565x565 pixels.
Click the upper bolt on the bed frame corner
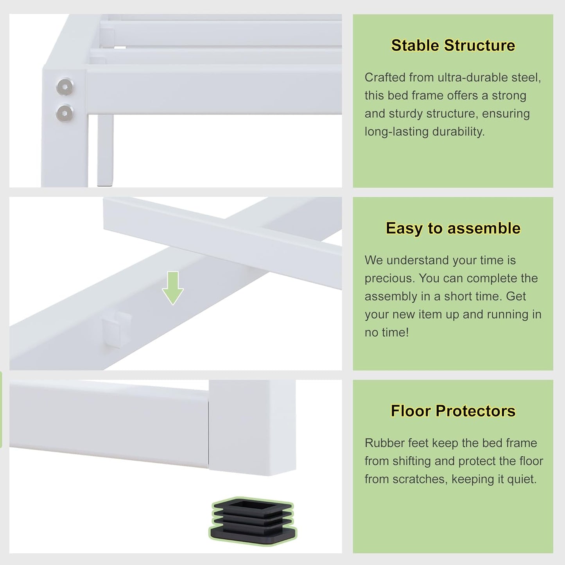click(65, 86)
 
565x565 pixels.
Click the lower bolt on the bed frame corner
click(65, 113)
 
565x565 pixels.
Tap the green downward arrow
click(172, 288)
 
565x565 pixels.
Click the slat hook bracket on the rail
click(116, 330)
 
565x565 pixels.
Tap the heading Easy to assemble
click(453, 228)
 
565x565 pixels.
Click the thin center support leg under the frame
click(105, 149)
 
